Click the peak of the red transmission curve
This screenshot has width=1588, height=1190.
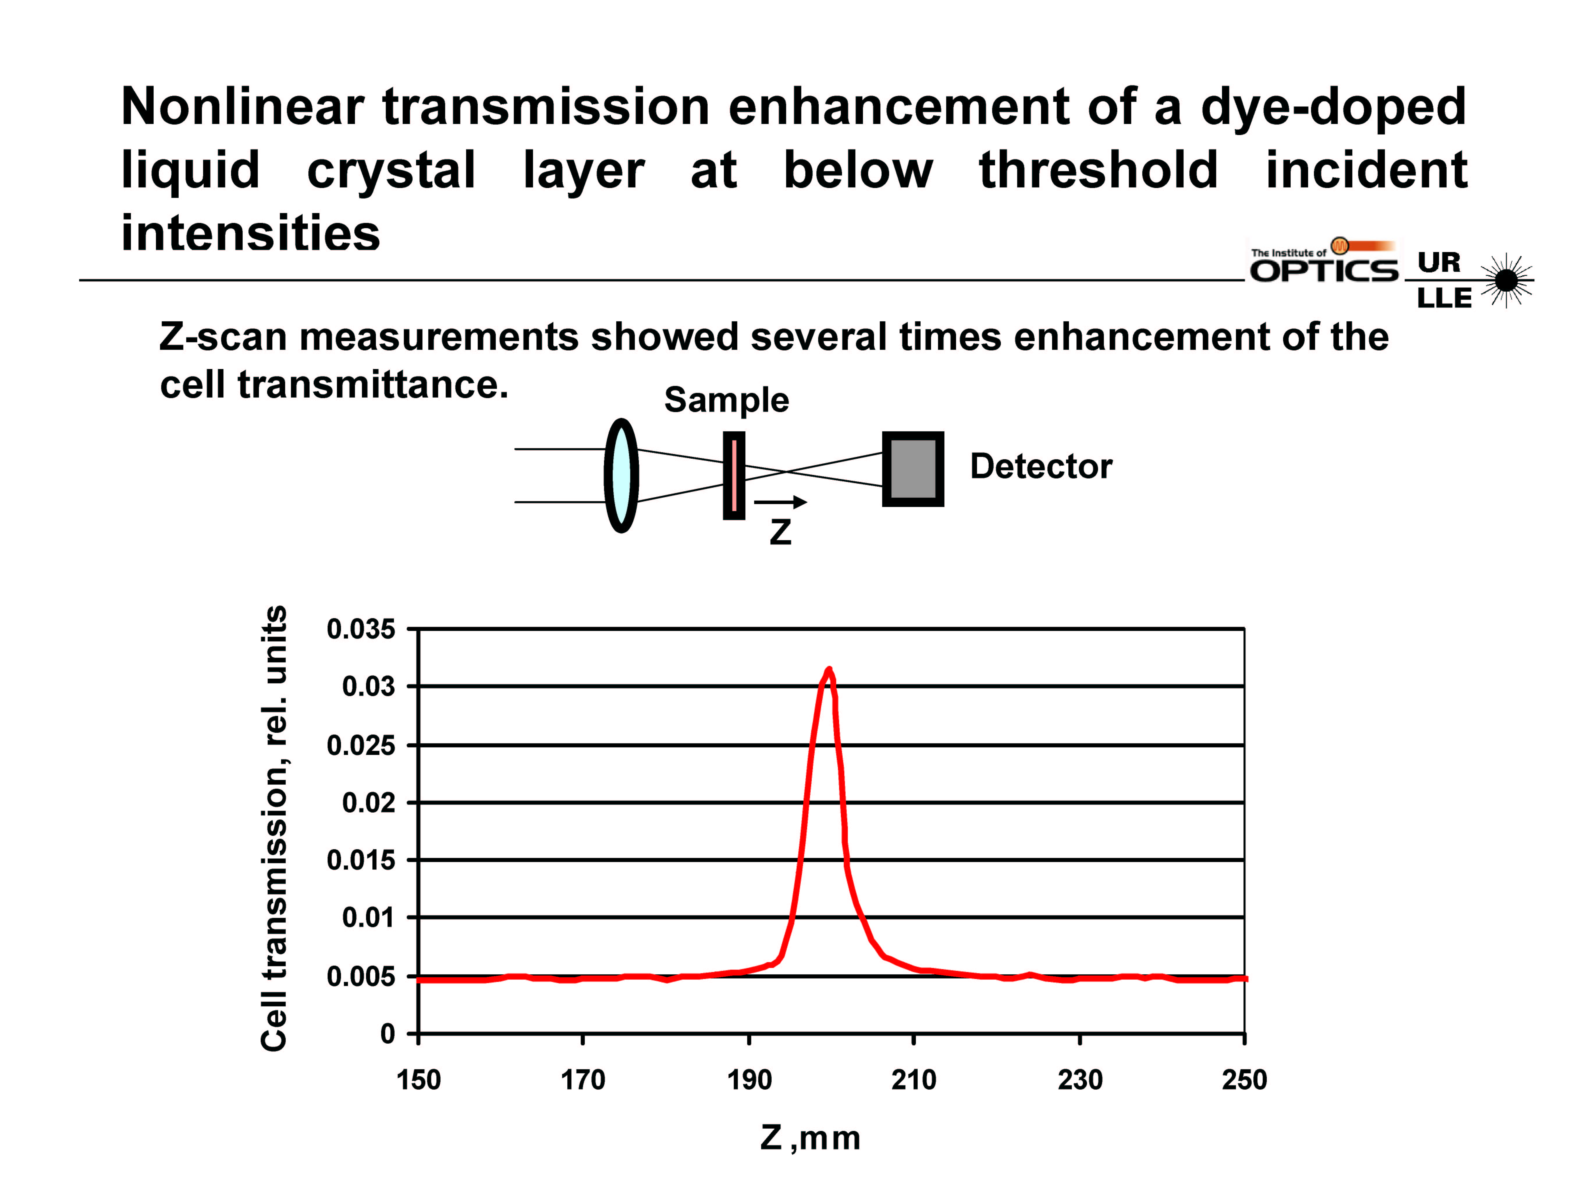[x=829, y=670]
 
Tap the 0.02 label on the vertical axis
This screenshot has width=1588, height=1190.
[x=368, y=802]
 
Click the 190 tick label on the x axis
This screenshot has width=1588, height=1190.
[x=749, y=1079]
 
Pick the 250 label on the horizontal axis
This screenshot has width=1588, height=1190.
[x=1244, y=1079]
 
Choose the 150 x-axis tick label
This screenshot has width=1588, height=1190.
[x=419, y=1079]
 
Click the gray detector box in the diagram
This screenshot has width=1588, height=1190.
[x=912, y=469]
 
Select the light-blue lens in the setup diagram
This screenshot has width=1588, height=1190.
[x=621, y=476]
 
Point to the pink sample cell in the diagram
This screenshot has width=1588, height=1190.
[x=734, y=476]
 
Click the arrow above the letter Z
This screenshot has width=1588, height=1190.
[x=780, y=502]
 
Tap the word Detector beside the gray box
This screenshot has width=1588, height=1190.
[x=1041, y=466]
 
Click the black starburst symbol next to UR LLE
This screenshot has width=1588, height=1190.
[x=1506, y=280]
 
